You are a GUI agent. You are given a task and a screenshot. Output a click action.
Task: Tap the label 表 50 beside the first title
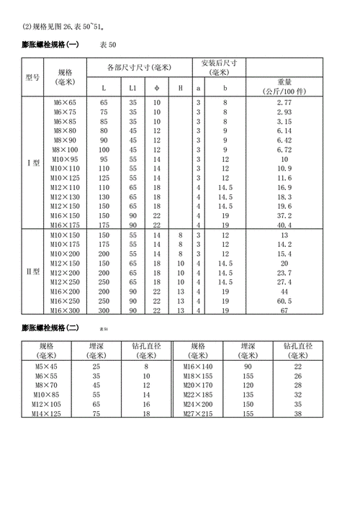pyautogui.click(x=107, y=45)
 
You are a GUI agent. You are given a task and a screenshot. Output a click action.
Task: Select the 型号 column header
pyautogui.click(x=32, y=77)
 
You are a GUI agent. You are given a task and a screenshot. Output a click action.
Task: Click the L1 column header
pyautogui.click(x=133, y=88)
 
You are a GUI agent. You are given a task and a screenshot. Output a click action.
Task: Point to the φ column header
pyautogui.click(x=157, y=88)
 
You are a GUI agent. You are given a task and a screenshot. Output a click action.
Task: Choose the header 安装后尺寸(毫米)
pyautogui.click(x=220, y=68)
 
